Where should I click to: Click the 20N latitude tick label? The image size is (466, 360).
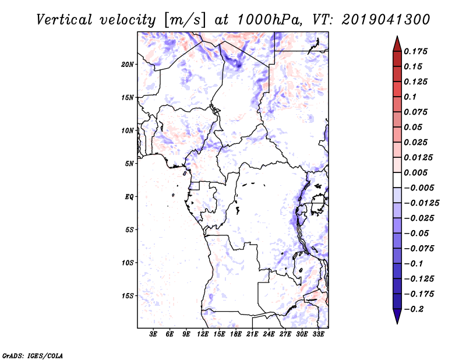pyautogui.click(x=128, y=64)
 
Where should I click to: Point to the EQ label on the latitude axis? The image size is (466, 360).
pyautogui.click(x=129, y=197)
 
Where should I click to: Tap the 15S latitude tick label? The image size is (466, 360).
pyautogui.click(x=128, y=296)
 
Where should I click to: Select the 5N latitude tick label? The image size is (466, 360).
pyautogui.click(x=129, y=164)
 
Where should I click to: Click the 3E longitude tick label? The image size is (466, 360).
pyautogui.click(x=154, y=334)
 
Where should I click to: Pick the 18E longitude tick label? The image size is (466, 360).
pyautogui.click(x=235, y=334)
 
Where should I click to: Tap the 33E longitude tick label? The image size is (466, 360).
pyautogui.click(x=318, y=334)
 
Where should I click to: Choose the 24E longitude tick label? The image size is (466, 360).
pyautogui.click(x=269, y=334)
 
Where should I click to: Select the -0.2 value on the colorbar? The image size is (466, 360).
pyautogui.click(x=414, y=309)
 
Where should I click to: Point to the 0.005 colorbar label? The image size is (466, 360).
pyautogui.click(x=416, y=172)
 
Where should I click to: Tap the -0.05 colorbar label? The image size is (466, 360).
pyautogui.click(x=416, y=233)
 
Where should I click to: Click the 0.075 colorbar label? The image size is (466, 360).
pyautogui.click(x=416, y=112)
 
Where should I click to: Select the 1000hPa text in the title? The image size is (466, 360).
pyautogui.click(x=267, y=19)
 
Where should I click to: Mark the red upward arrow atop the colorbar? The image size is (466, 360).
pyautogui.click(x=397, y=43)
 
